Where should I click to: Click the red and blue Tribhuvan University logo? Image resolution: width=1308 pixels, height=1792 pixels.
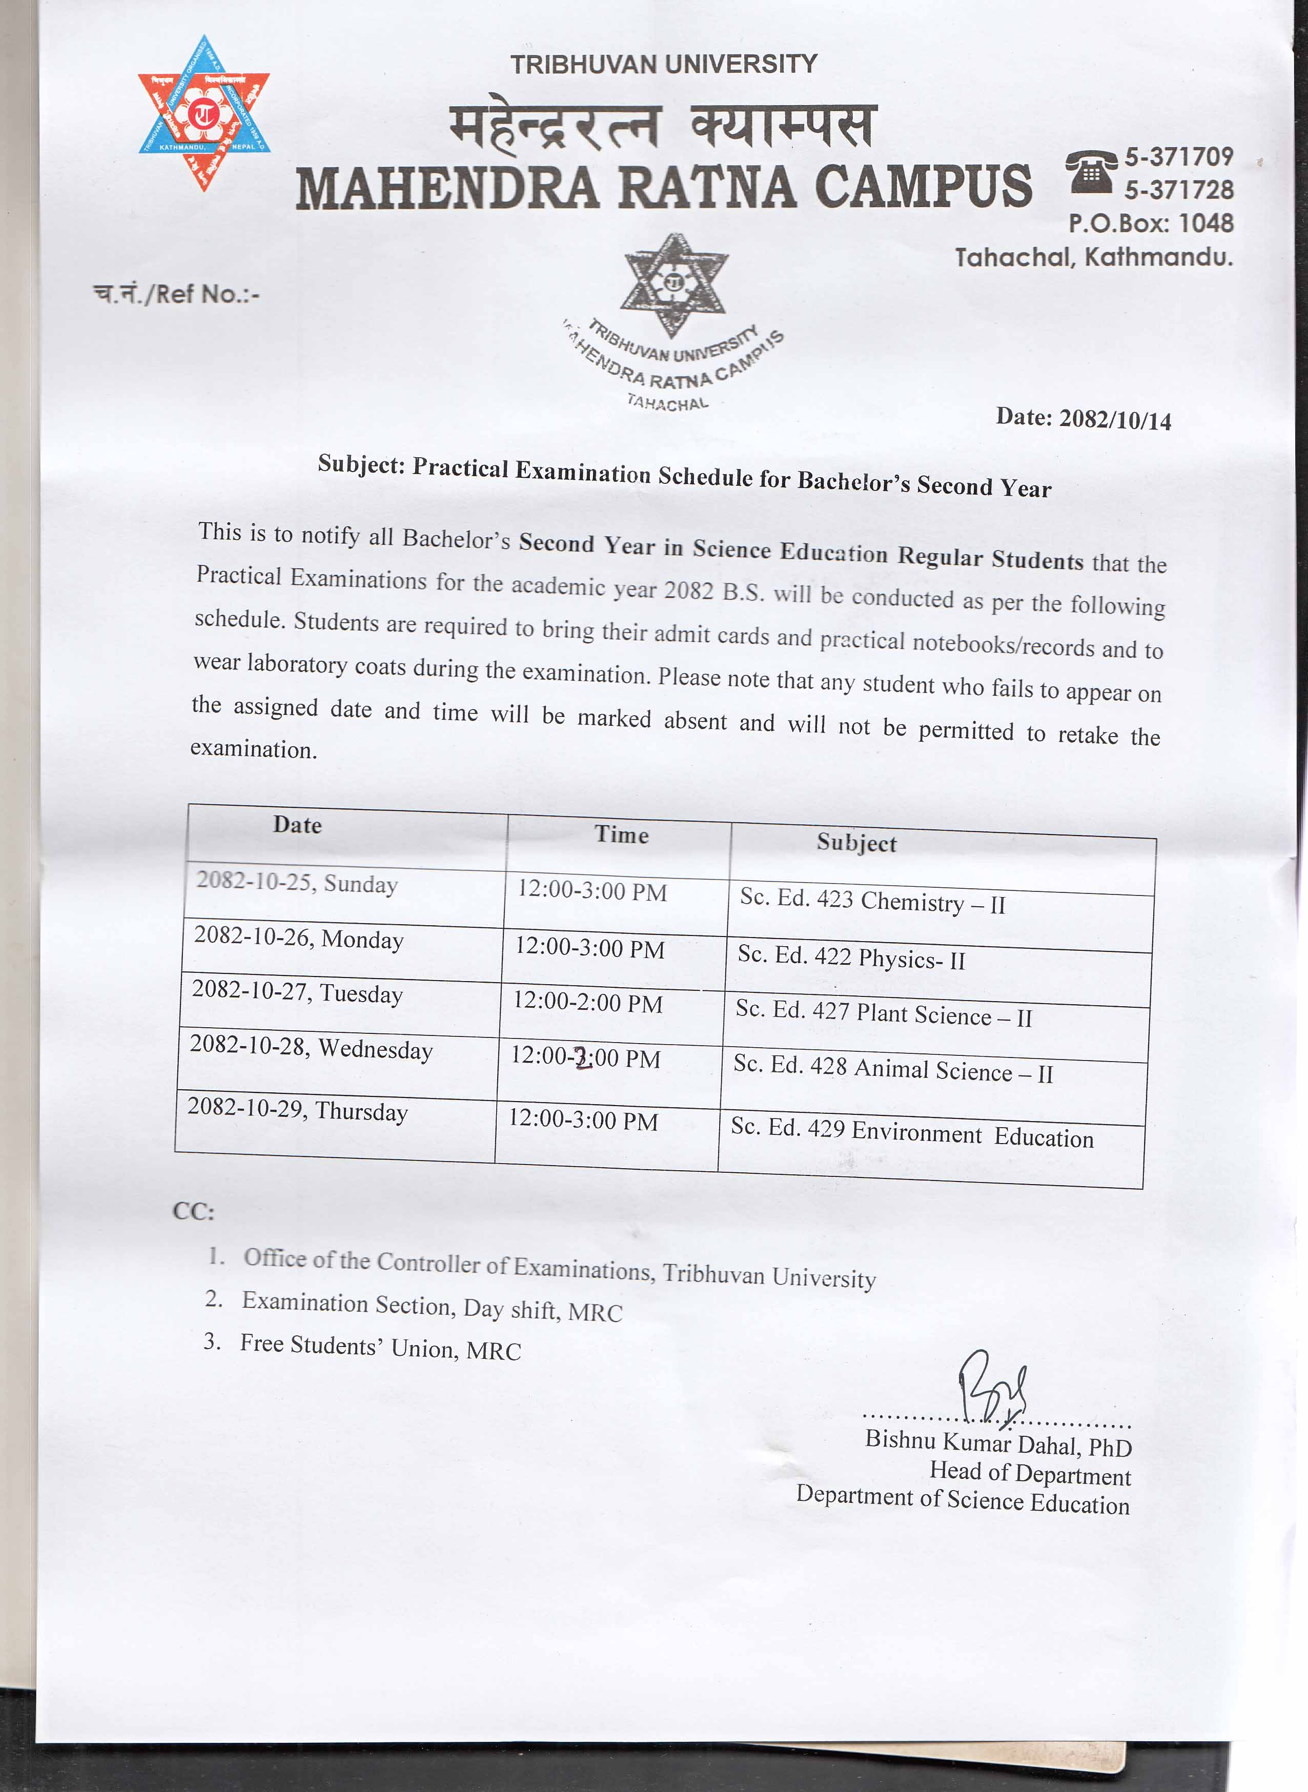coord(203,113)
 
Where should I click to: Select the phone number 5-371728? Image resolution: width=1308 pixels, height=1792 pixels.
coord(1179,190)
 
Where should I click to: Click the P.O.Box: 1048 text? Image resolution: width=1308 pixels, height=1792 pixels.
coord(1151,223)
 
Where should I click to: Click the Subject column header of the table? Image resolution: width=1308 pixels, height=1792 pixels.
coord(856,843)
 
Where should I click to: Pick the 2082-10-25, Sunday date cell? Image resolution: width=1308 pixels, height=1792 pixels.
coord(297,883)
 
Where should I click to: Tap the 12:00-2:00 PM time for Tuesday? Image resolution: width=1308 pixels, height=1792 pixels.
coord(587,1003)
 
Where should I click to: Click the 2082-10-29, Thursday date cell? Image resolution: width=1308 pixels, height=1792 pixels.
coord(298,1110)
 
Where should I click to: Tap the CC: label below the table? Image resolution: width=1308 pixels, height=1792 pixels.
coord(193,1212)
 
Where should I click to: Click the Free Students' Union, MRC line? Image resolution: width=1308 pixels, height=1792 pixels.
coord(380,1347)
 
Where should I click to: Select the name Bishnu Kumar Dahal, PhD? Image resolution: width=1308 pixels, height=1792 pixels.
coord(997,1443)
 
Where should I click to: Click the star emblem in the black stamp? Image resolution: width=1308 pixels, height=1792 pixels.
coord(675,283)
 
